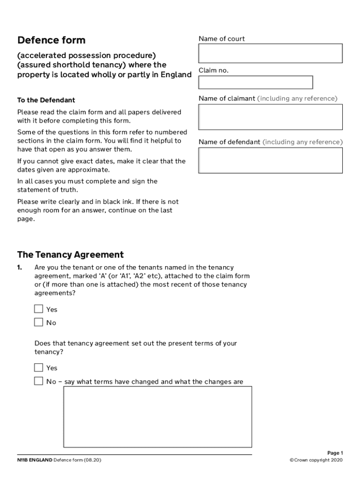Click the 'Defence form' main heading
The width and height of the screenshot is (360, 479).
(51, 40)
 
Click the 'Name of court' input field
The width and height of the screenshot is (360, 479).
(270, 53)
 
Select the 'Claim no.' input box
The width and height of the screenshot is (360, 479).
(255, 82)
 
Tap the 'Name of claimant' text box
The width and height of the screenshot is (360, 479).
(270, 117)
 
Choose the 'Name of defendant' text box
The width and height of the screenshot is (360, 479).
(270, 160)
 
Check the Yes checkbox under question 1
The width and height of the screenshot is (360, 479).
(38, 309)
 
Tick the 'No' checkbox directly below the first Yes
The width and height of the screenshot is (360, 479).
(38, 322)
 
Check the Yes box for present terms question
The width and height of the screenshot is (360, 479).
(38, 368)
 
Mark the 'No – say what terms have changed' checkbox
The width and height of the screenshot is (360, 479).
(38, 381)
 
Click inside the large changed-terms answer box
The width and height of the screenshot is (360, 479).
(158, 416)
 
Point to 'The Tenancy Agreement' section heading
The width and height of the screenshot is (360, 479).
(70, 255)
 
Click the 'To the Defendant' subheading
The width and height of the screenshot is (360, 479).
(46, 100)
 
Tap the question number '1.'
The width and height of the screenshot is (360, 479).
(20, 268)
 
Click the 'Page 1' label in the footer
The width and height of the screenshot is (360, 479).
(335, 453)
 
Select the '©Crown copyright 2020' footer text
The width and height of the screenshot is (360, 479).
(316, 460)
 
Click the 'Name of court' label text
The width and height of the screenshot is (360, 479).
(222, 39)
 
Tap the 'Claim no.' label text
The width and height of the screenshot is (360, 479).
(214, 71)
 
